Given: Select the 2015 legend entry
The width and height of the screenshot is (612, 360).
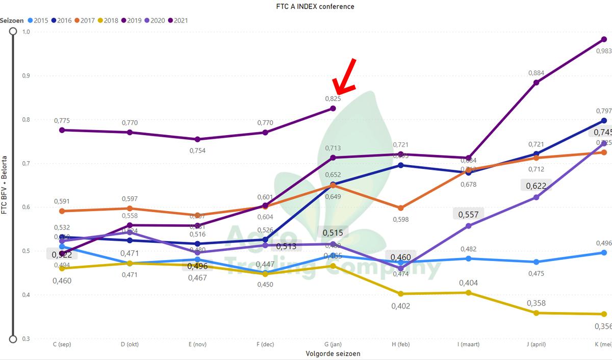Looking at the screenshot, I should point(37,20).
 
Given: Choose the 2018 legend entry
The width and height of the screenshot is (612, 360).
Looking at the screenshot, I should point(107,20).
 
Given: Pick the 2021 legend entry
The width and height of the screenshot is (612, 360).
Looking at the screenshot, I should point(177,20).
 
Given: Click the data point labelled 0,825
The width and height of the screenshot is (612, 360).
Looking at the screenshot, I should point(333,108).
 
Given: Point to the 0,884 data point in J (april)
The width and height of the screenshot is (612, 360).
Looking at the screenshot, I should point(536,83).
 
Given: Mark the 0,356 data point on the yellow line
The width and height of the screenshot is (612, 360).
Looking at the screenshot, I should point(604,314).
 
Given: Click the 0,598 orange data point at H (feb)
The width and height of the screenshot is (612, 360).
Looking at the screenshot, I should point(401,208).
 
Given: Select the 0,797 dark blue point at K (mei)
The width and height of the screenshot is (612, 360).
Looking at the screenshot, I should point(604,121).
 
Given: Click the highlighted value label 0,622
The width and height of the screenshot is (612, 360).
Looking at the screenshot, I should point(536,186).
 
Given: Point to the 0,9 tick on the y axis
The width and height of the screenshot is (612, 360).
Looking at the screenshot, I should point(25,75).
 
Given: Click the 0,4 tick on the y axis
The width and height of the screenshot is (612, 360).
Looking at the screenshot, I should point(25,295).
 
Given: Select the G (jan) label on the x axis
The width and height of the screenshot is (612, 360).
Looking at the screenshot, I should point(333,345).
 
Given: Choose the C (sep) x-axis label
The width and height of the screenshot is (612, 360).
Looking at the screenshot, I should point(62,345).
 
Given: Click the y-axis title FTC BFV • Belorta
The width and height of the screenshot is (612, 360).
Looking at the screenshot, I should point(4,186).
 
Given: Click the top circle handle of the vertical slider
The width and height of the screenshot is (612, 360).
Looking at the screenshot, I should point(13,31).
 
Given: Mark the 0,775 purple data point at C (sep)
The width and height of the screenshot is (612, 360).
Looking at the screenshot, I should point(62,130).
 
